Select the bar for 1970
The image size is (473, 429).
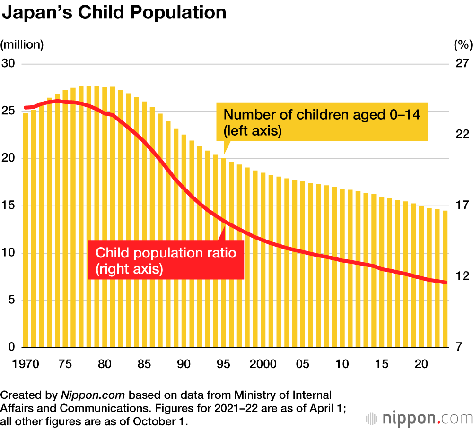click(x=26, y=231)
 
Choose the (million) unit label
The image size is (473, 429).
click(x=22, y=45)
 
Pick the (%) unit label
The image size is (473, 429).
click(x=463, y=45)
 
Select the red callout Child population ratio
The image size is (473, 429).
click(x=166, y=260)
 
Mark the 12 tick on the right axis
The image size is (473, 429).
click(x=461, y=276)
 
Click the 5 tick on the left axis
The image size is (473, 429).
click(x=11, y=300)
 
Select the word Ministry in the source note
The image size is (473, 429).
click(x=250, y=395)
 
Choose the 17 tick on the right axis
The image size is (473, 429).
click(x=461, y=206)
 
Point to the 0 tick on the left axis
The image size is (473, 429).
click(x=11, y=347)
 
